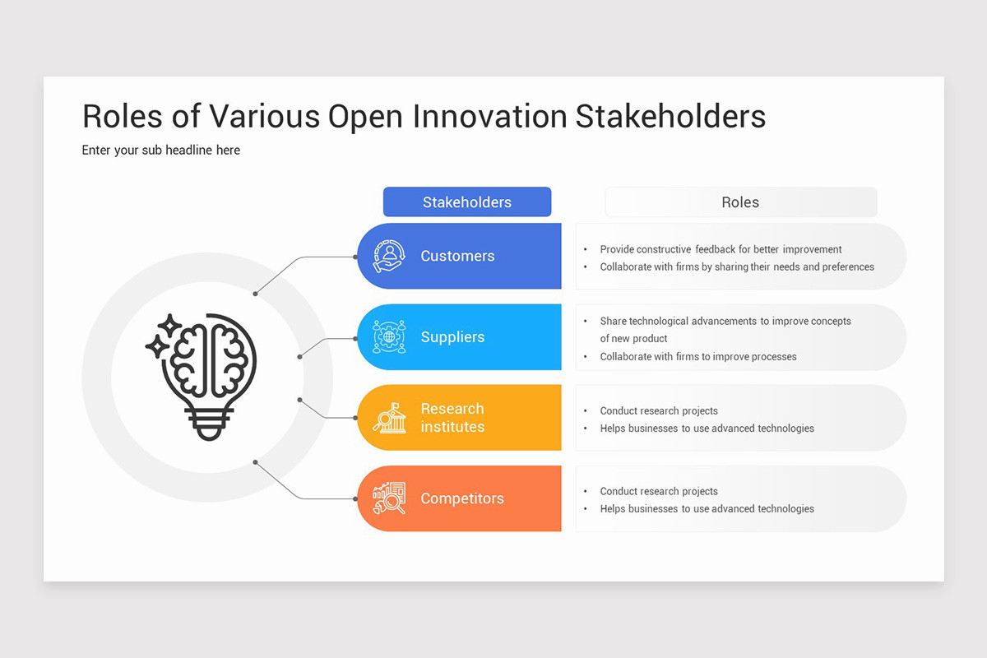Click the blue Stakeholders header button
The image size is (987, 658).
[x=466, y=202]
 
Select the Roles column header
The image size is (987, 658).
[x=740, y=202]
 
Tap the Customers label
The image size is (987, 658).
[x=457, y=256]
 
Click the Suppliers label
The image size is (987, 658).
[x=452, y=337]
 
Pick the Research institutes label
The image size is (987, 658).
[x=452, y=418]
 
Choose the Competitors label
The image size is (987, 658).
[x=462, y=498]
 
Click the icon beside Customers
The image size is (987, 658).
[x=388, y=256]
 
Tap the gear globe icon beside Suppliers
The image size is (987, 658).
[x=388, y=337]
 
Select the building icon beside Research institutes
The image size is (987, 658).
[x=388, y=418]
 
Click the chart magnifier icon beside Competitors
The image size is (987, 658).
[x=388, y=498]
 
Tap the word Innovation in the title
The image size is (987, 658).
[x=489, y=117]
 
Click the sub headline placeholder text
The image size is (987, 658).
[x=161, y=151]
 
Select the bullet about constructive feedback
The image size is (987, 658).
[x=721, y=249]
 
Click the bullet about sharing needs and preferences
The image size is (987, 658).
[x=736, y=267]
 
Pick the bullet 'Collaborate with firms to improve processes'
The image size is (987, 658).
[x=697, y=357]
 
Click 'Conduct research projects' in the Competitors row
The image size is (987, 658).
[x=658, y=491]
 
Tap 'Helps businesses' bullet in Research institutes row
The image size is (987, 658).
[x=707, y=429]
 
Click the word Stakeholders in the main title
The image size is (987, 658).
[x=670, y=117]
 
